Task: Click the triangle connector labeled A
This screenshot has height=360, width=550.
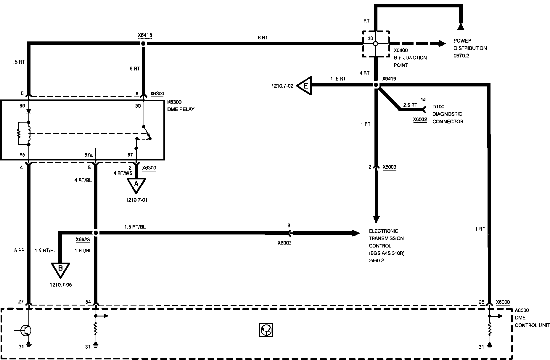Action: tap(136, 185)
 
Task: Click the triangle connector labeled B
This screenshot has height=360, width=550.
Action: tap(60, 269)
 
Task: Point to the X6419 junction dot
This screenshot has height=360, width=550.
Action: tap(376, 85)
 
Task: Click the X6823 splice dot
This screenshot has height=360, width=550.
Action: tap(96, 233)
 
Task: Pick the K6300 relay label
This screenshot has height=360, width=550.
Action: tap(174, 102)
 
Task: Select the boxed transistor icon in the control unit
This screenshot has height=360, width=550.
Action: tap(266, 330)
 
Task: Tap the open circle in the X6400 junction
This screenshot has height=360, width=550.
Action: tap(376, 44)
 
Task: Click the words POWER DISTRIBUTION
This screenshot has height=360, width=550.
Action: tap(470, 44)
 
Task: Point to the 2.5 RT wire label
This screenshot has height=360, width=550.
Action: tap(410, 105)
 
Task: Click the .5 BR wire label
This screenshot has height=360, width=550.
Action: tap(19, 250)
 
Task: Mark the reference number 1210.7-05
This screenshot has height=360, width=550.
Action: tap(61, 285)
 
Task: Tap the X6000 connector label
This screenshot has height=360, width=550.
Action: tap(503, 302)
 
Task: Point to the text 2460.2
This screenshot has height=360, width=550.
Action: tap(376, 261)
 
